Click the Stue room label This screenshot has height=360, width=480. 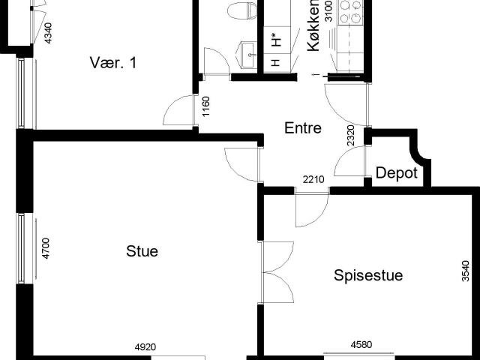pyautogui.click(x=142, y=251)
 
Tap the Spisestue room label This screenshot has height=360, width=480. pyautogui.click(x=368, y=275)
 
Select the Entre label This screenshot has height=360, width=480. pyautogui.click(x=303, y=127)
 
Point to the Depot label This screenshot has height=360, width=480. pyautogui.click(x=397, y=173)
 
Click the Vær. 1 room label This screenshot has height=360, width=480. pyautogui.click(x=113, y=62)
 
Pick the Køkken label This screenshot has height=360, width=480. pyautogui.click(x=313, y=25)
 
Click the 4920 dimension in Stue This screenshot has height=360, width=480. pyautogui.click(x=145, y=347)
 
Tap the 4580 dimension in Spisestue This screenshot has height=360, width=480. pyautogui.click(x=361, y=345)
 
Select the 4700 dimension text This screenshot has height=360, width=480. pyautogui.click(x=46, y=248)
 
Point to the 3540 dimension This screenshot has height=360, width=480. pyautogui.click(x=465, y=271)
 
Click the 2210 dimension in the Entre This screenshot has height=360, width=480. pyautogui.click(x=313, y=179)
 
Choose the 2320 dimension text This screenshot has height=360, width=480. pyautogui.click(x=351, y=135)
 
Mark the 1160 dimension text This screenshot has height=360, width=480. pyautogui.click(x=206, y=106)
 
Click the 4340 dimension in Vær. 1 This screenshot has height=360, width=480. pyautogui.click(x=48, y=33)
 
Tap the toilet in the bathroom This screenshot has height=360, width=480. pyautogui.click(x=242, y=10)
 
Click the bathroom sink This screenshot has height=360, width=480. pyautogui.click(x=248, y=55)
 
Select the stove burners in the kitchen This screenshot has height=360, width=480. pyautogui.click(x=350, y=12)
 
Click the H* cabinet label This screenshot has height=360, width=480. pyautogui.click(x=277, y=40)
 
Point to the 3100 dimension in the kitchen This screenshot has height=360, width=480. pyautogui.click(x=328, y=11)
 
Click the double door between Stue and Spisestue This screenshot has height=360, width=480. pyautogui.click(x=277, y=272)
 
